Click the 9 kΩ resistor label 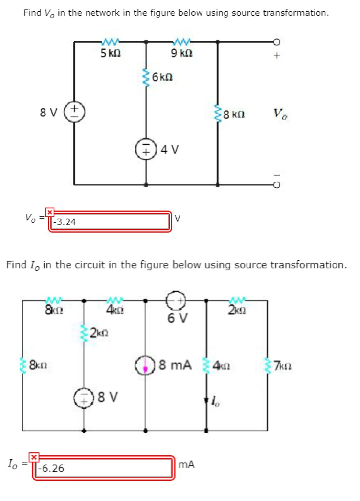(181, 54)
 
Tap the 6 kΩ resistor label (163, 77)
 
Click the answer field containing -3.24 (110, 222)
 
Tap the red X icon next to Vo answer (49, 212)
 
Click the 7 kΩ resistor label (283, 365)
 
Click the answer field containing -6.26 (103, 468)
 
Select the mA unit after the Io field (186, 464)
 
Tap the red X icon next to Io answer (34, 458)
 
